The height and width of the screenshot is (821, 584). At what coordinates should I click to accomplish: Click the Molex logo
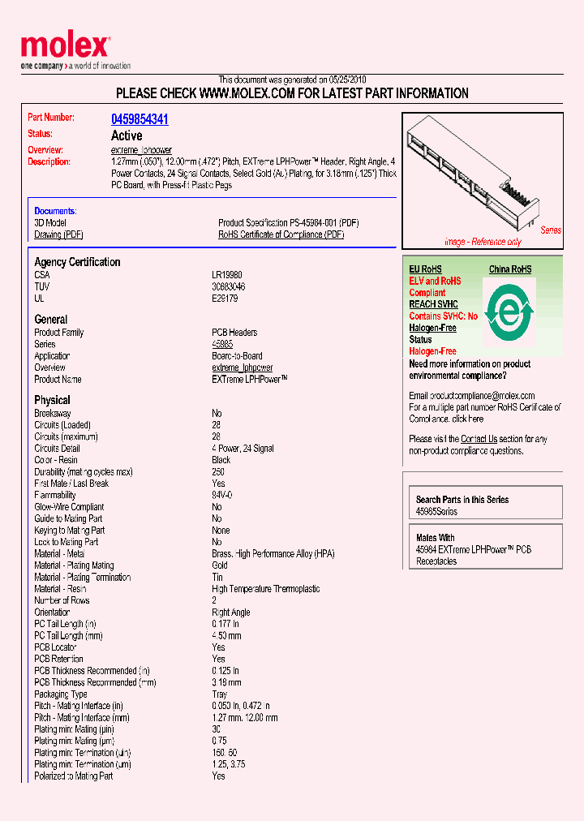click(65, 47)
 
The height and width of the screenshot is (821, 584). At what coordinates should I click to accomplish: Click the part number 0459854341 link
click(140, 119)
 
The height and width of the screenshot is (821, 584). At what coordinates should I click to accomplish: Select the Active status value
click(126, 135)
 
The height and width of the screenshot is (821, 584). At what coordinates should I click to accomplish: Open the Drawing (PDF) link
click(58, 234)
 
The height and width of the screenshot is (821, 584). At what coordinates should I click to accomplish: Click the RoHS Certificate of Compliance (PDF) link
click(281, 234)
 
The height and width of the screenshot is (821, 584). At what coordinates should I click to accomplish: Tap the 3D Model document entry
click(50, 222)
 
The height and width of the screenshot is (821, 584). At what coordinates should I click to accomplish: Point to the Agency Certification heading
click(77, 262)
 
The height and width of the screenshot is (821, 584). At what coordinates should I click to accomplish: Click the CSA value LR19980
click(226, 275)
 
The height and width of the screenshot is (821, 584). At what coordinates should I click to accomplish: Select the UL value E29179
click(224, 299)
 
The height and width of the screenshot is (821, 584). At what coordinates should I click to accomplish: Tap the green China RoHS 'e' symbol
click(509, 312)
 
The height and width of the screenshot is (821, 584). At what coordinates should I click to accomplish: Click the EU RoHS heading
click(425, 269)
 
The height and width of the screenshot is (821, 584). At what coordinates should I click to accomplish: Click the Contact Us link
click(479, 439)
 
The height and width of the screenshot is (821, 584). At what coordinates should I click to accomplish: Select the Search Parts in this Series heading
click(462, 500)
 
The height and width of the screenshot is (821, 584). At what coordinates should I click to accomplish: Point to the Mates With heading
click(435, 538)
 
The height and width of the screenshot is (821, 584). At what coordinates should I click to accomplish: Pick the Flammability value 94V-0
click(222, 495)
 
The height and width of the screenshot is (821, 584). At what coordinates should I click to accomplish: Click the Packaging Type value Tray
click(220, 694)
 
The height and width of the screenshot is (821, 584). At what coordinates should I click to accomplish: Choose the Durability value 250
click(218, 471)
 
